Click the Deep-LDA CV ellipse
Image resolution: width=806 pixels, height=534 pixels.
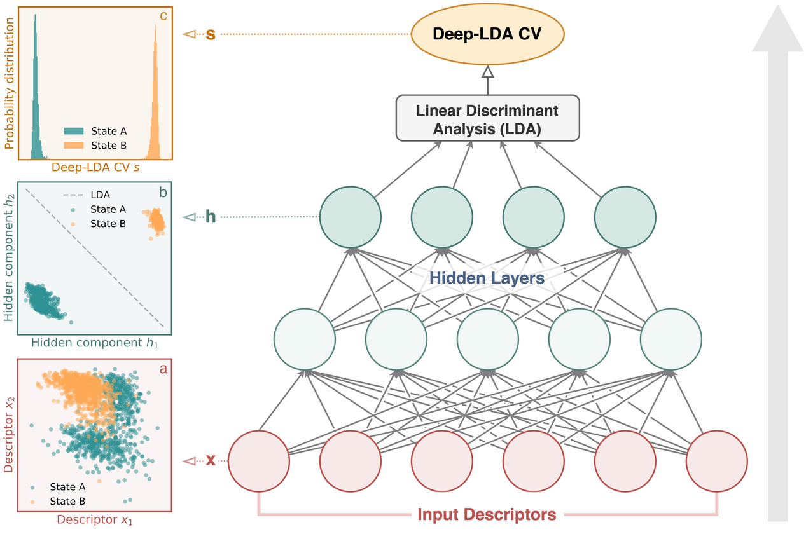(x=487, y=34)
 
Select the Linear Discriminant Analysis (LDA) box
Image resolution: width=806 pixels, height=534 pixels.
(x=487, y=118)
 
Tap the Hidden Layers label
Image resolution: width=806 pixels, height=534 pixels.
(x=487, y=278)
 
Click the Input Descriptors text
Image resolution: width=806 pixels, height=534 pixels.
(x=487, y=514)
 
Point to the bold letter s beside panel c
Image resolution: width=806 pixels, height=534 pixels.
(x=211, y=34)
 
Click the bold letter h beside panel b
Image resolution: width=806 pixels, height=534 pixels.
(x=211, y=217)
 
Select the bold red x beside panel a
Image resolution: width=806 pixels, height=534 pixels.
(x=211, y=460)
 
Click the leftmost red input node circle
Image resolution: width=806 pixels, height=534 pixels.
(x=259, y=461)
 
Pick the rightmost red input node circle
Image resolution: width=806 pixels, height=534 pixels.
(x=717, y=461)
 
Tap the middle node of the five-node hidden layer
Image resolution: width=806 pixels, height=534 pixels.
(x=487, y=339)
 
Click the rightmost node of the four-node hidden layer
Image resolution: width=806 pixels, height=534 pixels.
(x=625, y=217)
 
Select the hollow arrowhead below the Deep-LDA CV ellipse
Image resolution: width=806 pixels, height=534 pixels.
(x=487, y=72)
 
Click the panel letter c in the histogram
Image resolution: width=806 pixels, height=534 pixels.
(x=163, y=16)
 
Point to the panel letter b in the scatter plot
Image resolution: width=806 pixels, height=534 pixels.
(x=163, y=193)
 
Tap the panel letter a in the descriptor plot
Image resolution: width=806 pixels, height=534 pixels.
(x=163, y=369)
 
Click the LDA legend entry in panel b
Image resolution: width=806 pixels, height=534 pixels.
(x=87, y=195)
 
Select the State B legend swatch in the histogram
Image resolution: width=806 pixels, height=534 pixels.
(x=73, y=146)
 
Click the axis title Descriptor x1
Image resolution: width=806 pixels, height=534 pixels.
(x=95, y=519)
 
